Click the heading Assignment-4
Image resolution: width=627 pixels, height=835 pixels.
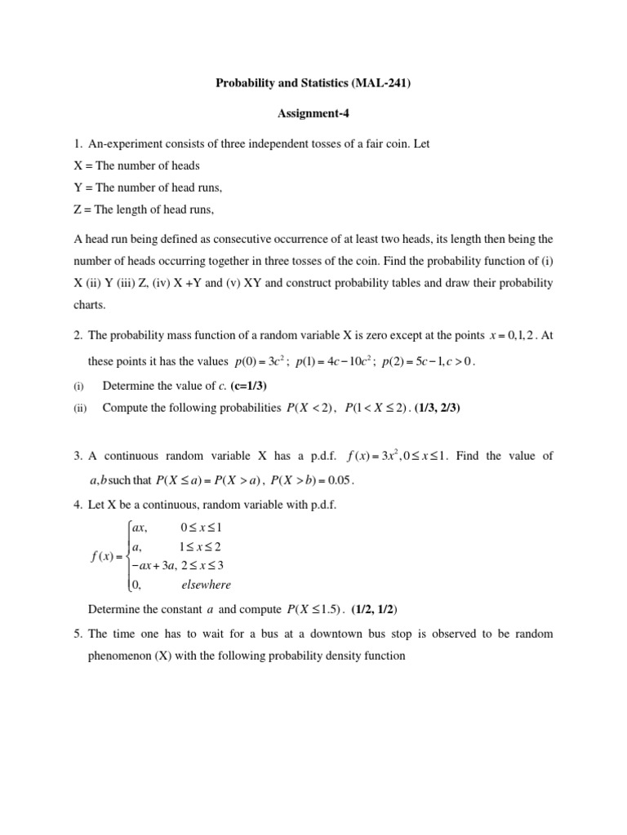[x=313, y=114]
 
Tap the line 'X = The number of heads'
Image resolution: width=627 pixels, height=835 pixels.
[x=136, y=166]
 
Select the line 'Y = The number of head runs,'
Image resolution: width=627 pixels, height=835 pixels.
[x=148, y=188]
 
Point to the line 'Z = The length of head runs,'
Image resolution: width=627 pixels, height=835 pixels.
[x=144, y=210]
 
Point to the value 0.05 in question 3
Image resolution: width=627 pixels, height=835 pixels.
[x=341, y=480]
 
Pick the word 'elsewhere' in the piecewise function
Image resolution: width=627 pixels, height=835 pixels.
[x=206, y=584]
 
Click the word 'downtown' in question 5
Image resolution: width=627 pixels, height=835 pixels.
[x=362, y=634]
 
